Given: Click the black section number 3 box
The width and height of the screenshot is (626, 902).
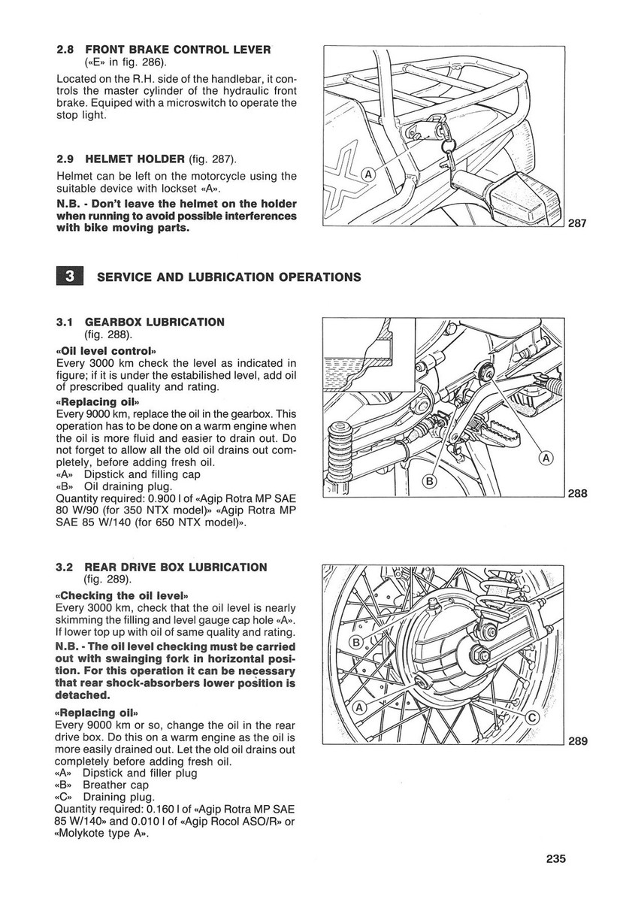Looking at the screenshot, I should [69, 276].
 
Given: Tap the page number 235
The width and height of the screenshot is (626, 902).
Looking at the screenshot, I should [552, 859].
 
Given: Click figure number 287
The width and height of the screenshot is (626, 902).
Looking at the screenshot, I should [577, 223].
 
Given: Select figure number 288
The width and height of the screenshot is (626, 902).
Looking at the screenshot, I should [577, 494].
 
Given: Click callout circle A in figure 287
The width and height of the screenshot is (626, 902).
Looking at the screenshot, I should [369, 174].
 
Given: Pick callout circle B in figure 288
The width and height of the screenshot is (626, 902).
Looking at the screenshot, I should [430, 480].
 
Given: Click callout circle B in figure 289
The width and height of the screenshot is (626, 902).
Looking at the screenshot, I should [356, 641].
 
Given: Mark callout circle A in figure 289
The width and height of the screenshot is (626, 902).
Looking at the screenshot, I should [359, 707].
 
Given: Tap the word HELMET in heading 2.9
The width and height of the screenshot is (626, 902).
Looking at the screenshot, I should [110, 159].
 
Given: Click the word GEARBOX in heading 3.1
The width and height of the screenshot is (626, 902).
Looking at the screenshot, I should [116, 322].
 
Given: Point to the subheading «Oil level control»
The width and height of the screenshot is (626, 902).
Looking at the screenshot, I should [105, 351].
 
